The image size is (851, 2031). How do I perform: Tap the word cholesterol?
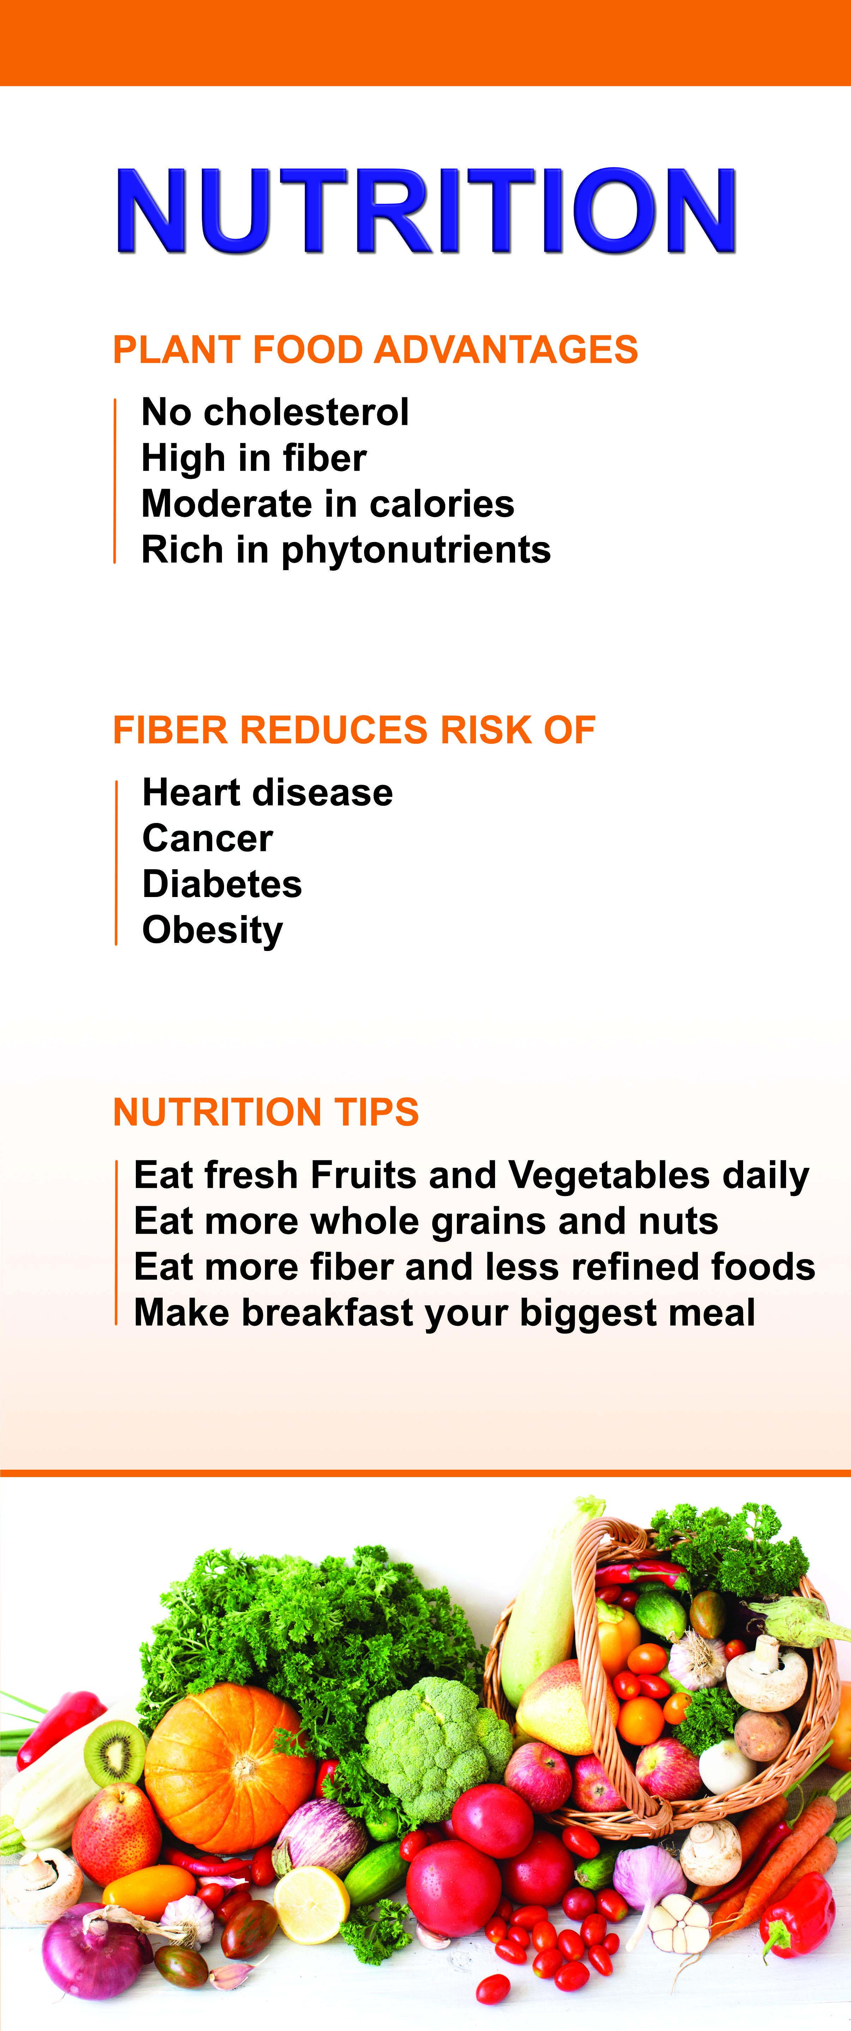pyautogui.click(x=307, y=411)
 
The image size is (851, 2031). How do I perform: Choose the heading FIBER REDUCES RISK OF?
pyautogui.click(x=354, y=730)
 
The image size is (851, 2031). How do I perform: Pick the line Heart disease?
pyautogui.click(x=267, y=792)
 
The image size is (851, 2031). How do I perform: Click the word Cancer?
pyautogui.click(x=207, y=838)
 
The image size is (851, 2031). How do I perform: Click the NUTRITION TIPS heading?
pyautogui.click(x=266, y=1112)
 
